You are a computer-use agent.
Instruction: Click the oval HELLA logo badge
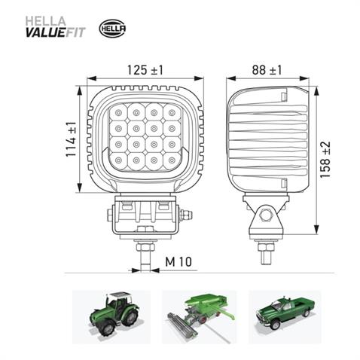(x=113, y=29)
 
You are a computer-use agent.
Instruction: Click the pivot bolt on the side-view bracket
(x=265, y=215)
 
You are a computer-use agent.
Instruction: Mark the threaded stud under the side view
(x=265, y=249)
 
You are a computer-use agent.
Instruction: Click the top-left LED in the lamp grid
(x=120, y=114)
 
